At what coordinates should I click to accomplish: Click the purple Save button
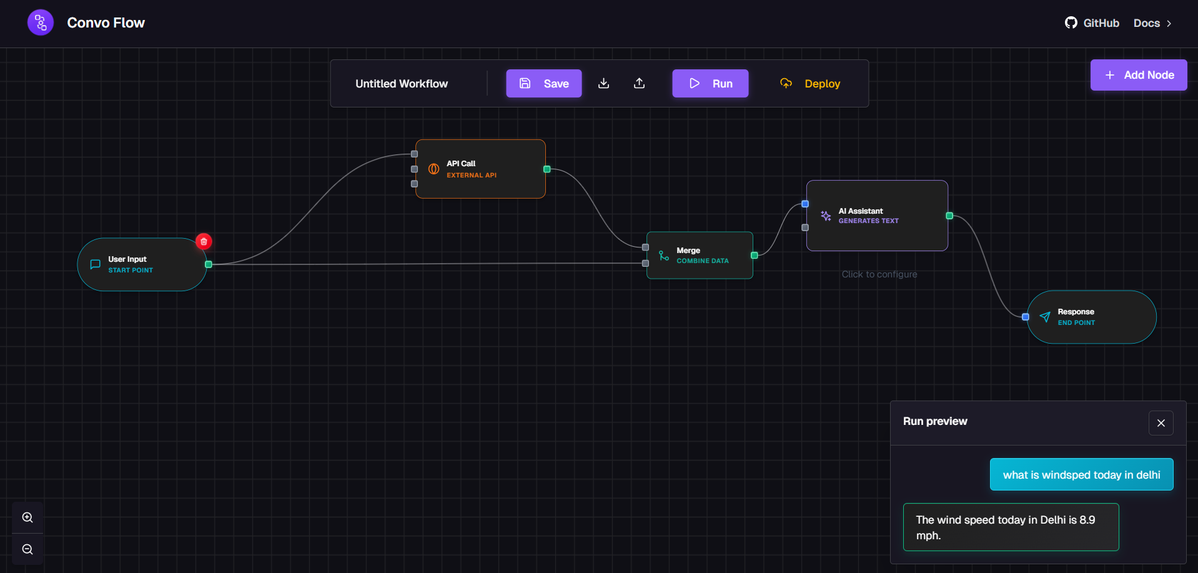click(543, 83)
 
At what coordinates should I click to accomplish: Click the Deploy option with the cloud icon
click(810, 83)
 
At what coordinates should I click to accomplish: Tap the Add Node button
click(1138, 75)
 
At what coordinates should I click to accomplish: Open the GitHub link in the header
click(1092, 23)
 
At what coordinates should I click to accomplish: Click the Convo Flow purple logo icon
click(41, 23)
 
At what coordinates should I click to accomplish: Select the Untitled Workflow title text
click(402, 84)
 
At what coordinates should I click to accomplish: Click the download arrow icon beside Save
click(603, 83)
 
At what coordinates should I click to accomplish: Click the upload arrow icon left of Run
click(639, 83)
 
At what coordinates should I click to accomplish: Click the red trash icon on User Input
click(204, 241)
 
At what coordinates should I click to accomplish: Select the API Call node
click(480, 169)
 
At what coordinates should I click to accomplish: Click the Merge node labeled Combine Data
click(700, 256)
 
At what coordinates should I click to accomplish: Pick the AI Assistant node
click(877, 216)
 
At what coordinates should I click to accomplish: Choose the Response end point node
click(1091, 317)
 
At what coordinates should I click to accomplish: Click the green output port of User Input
click(209, 264)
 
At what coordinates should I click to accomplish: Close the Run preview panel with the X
click(1161, 423)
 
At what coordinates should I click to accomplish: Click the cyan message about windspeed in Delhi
click(1081, 475)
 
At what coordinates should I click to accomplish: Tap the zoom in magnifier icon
click(27, 517)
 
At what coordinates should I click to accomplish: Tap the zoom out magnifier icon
click(27, 549)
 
